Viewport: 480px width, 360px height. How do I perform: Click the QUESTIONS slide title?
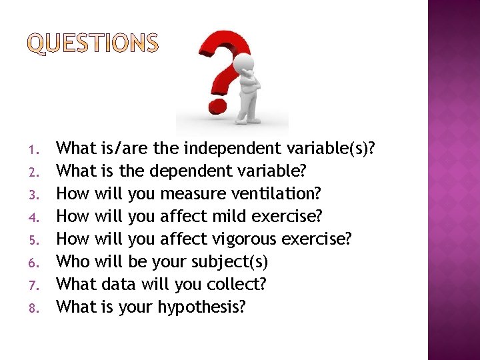[94, 43]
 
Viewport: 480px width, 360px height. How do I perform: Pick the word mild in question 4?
[228, 216]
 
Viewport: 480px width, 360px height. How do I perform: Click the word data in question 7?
[118, 284]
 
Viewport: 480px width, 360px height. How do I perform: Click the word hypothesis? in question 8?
[201, 307]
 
